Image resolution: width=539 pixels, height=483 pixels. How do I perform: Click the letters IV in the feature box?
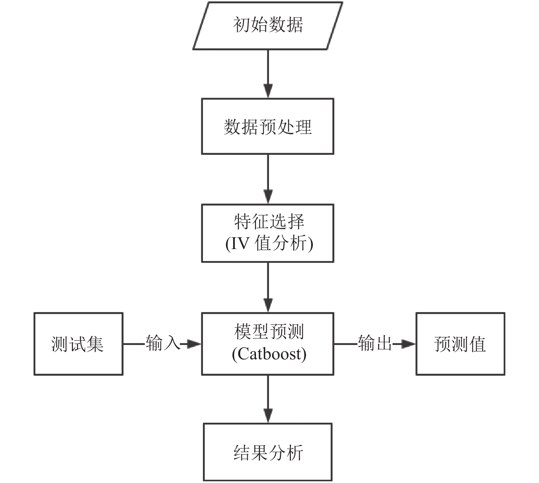click(x=241, y=244)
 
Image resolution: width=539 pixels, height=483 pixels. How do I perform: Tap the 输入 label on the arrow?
click(x=163, y=343)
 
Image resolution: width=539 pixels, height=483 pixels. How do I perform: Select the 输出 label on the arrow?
click(x=375, y=343)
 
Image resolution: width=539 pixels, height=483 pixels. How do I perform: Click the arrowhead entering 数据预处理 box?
click(x=268, y=91)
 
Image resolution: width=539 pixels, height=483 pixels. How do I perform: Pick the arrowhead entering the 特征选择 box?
click(x=268, y=197)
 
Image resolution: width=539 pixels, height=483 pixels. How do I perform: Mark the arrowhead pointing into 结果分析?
click(x=268, y=416)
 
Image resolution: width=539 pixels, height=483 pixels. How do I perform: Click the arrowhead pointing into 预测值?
click(x=408, y=344)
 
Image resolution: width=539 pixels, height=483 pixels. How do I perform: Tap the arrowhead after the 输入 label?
click(x=194, y=344)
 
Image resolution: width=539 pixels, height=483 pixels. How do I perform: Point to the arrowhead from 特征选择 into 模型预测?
click(x=268, y=305)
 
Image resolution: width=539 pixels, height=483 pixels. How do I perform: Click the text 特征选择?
click(x=269, y=222)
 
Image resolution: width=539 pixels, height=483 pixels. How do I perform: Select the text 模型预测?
click(x=269, y=332)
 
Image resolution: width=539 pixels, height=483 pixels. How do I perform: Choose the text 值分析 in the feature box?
click(x=281, y=244)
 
